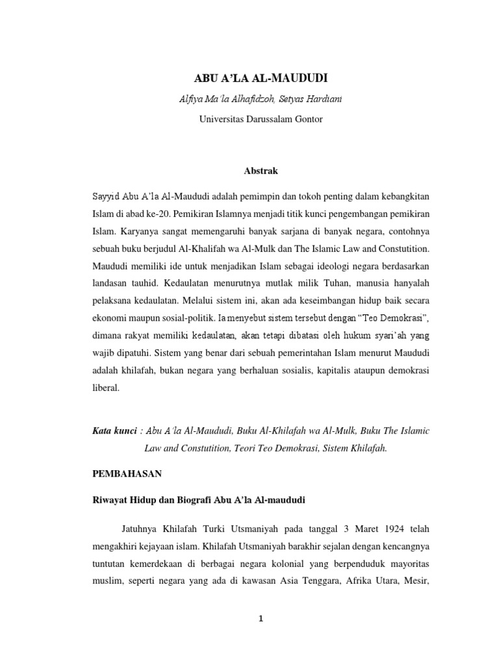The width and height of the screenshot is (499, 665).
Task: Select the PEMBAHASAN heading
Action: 124,475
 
